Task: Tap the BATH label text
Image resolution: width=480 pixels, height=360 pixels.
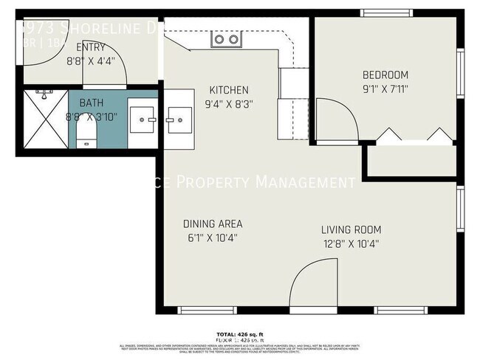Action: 91,103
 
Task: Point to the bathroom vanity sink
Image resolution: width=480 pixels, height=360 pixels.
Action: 142,118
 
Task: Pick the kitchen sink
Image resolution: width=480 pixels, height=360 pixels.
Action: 178,118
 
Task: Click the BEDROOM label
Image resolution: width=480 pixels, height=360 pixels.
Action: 385,75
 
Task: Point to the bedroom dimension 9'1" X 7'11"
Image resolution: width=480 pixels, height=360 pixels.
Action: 385,89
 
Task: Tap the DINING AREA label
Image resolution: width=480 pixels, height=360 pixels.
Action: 213,224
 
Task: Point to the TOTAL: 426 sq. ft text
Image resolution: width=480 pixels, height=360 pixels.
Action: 240,333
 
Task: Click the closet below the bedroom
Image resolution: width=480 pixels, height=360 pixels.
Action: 411,159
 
